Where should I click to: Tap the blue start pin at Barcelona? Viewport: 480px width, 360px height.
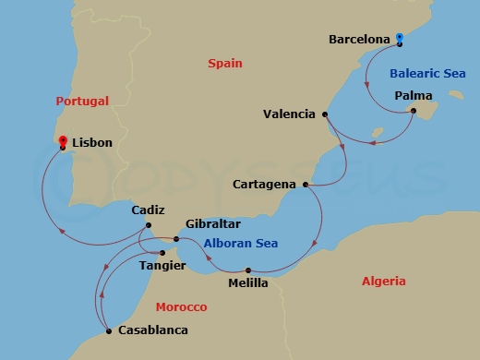pyautogui.click(x=399, y=39)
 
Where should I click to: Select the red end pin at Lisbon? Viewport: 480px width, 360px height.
pyautogui.click(x=62, y=141)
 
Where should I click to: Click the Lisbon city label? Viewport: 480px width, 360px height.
pyautogui.click(x=91, y=143)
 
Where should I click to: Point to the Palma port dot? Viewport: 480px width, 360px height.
pyautogui.click(x=413, y=113)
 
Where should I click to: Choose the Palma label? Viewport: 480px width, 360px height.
pyautogui.click(x=413, y=95)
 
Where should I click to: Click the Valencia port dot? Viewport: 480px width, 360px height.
pyautogui.click(x=325, y=114)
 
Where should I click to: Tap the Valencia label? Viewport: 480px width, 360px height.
pyautogui.click(x=289, y=115)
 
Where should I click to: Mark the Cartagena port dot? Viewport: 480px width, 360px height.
pyautogui.click(x=305, y=185)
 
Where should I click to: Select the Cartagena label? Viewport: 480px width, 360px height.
pyautogui.click(x=264, y=185)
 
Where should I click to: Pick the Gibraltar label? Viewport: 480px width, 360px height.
pyautogui.click(x=213, y=224)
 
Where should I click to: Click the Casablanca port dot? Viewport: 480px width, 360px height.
pyautogui.click(x=109, y=330)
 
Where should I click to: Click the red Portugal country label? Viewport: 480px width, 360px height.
pyautogui.click(x=82, y=101)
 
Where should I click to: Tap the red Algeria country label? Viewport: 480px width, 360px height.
pyautogui.click(x=383, y=281)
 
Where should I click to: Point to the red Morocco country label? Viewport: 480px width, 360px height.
pyautogui.click(x=181, y=306)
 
